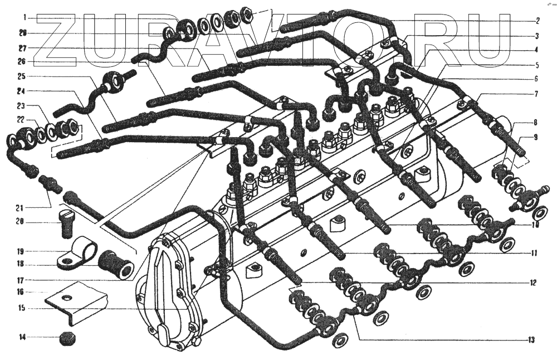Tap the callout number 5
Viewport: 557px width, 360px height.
click(x=536, y=65)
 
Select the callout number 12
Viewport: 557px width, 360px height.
click(x=533, y=283)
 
